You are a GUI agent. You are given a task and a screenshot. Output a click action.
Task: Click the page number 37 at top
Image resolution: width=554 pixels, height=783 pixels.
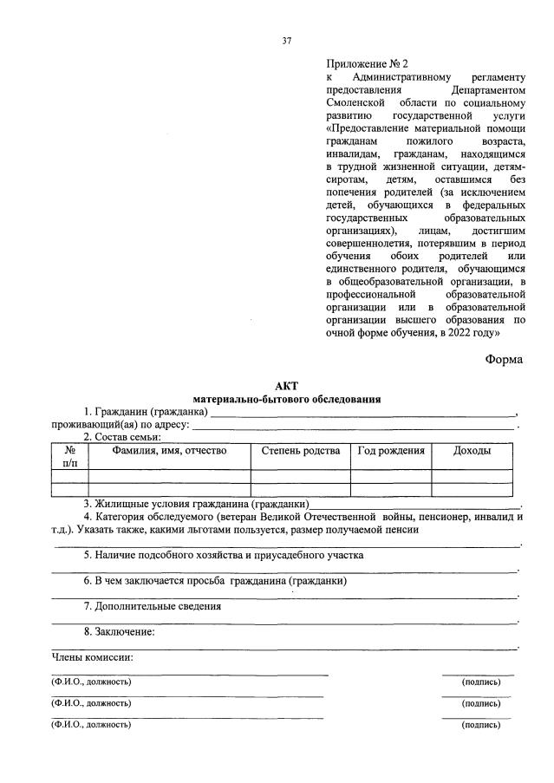coord(286,41)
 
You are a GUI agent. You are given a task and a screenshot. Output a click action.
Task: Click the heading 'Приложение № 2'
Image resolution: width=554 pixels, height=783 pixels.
coord(366,64)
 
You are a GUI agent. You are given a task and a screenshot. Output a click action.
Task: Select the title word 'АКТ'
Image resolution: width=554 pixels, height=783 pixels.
coord(286,387)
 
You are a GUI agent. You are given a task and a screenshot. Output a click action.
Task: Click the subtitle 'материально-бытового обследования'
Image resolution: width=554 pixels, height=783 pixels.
coord(286,400)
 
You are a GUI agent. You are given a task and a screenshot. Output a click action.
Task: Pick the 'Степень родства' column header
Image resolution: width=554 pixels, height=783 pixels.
coord(300,451)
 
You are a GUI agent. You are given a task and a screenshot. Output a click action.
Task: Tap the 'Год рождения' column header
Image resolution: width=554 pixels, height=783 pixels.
coord(390,451)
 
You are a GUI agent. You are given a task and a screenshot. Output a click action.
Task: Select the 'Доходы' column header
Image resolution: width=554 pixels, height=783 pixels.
coord(472,451)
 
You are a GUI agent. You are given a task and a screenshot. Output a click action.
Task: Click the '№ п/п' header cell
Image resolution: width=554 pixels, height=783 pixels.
coord(69,457)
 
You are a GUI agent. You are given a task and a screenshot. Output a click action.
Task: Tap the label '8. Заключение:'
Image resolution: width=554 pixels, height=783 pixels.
coord(119,631)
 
